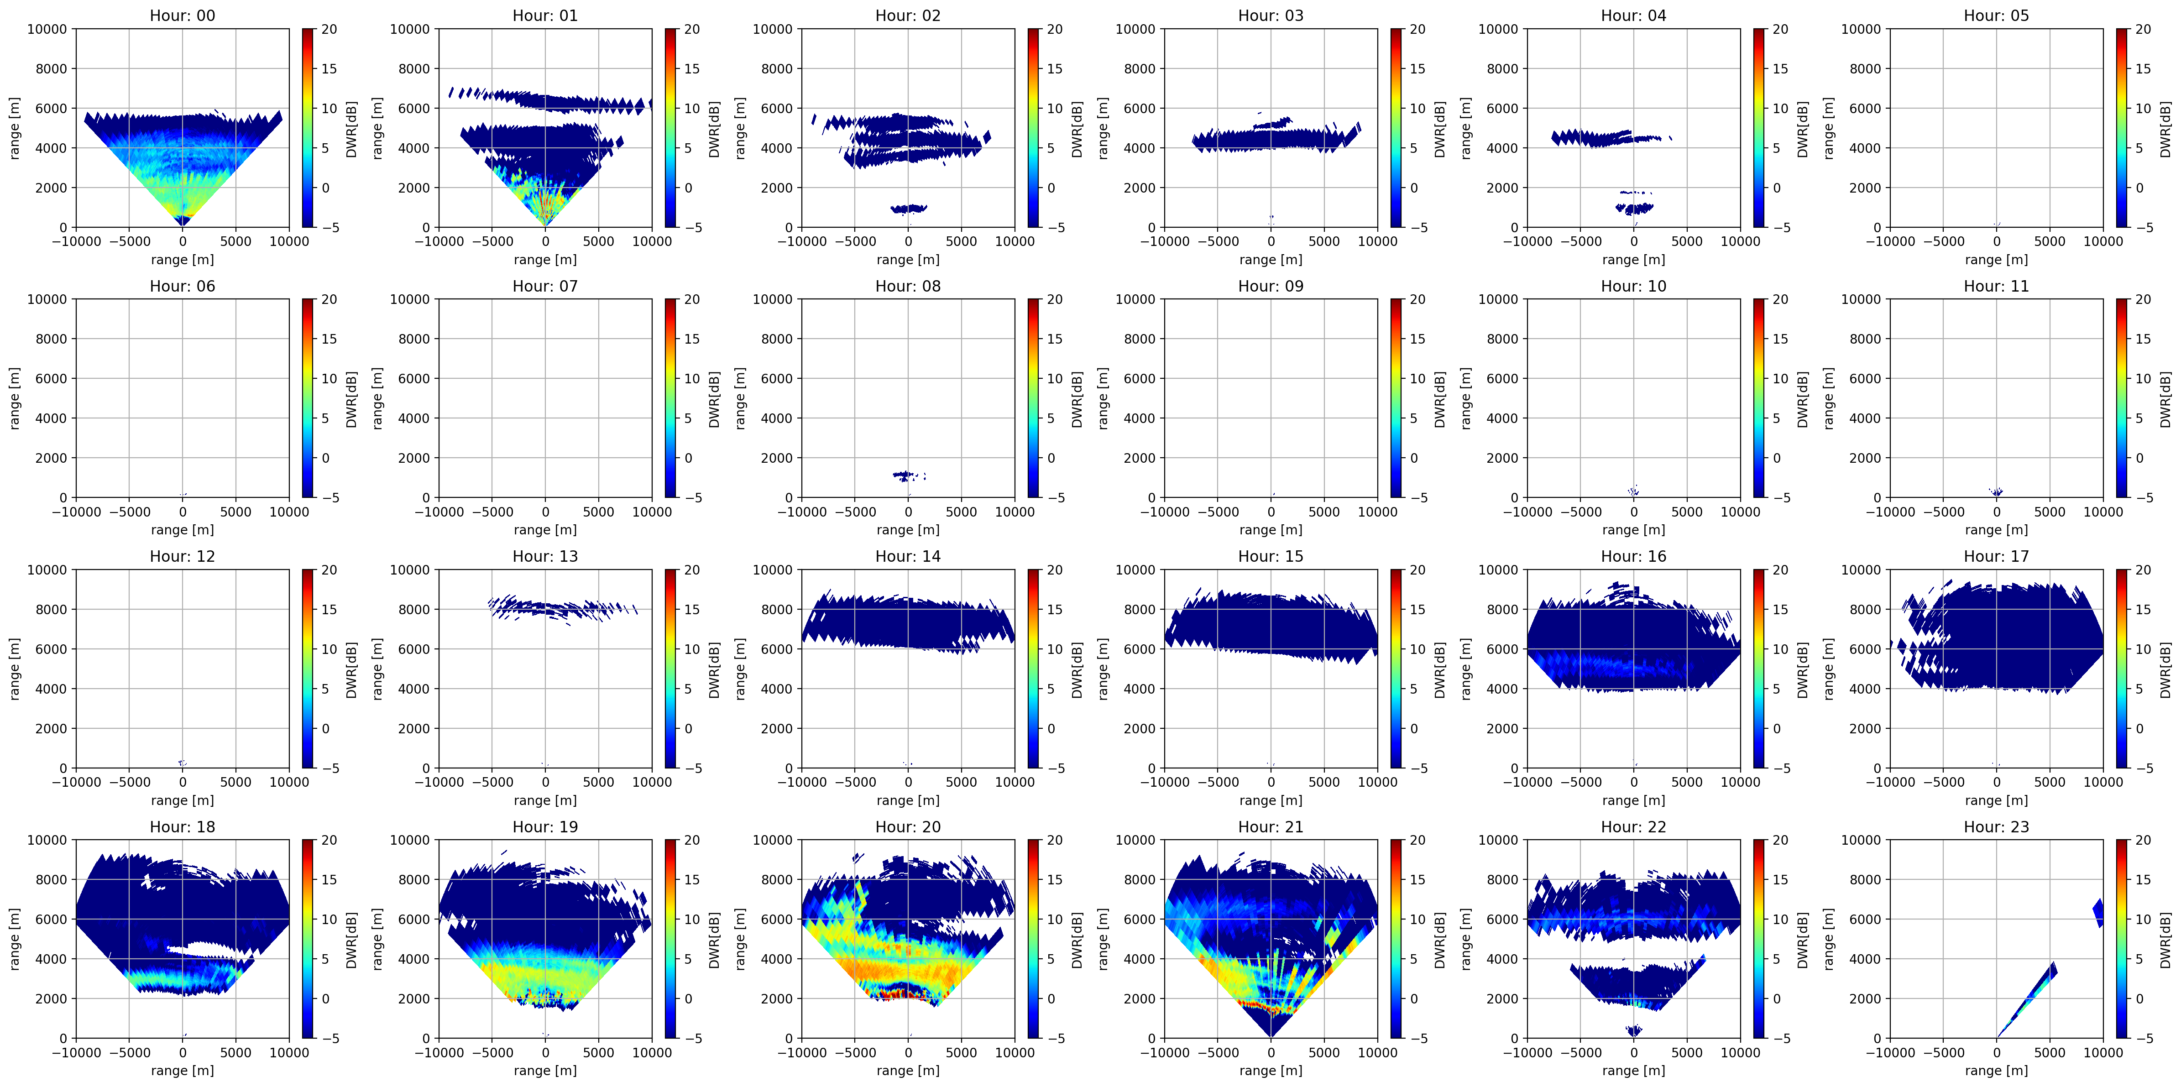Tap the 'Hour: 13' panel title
coord(545,556)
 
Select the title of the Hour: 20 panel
coord(908,826)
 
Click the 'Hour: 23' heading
coord(1997,826)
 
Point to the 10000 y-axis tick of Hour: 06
coord(47,299)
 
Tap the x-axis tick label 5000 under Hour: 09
coord(1324,512)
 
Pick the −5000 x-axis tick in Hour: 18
coord(130,1052)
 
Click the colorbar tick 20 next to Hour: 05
coord(2143,29)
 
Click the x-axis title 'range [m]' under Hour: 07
coord(545,530)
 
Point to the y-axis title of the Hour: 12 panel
coord(15,669)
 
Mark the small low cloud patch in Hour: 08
coord(909,476)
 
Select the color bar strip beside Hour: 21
coord(1395,939)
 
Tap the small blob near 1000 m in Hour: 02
coord(909,208)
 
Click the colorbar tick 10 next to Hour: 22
coord(1780,920)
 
